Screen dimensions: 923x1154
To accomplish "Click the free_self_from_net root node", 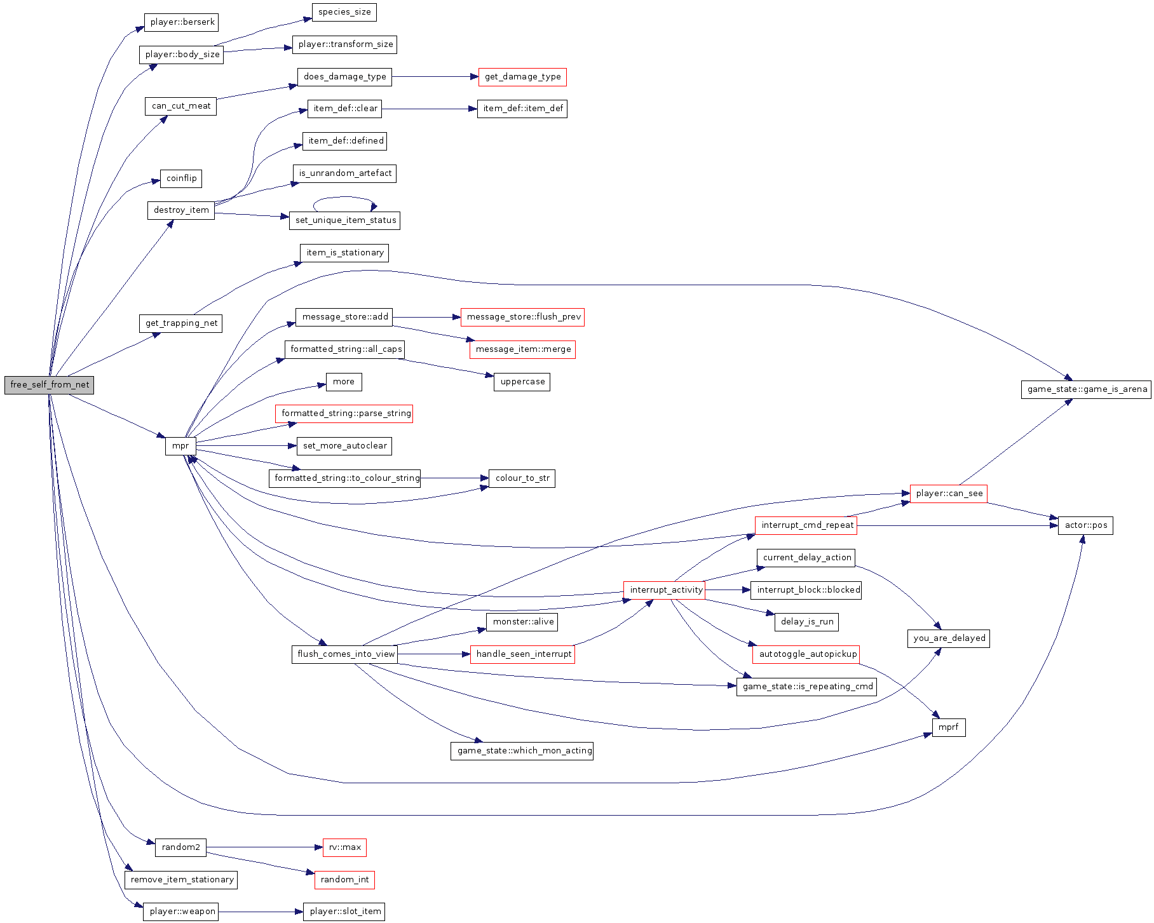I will click(49, 385).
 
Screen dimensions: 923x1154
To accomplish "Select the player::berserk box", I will click(182, 22).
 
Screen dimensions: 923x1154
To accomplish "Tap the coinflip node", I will click(181, 179).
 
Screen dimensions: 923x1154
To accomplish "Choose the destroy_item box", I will click(181, 210).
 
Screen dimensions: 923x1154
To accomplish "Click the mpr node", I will click(180, 446).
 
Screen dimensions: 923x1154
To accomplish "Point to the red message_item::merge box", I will click(522, 349).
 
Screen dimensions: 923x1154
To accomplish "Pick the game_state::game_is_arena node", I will click(1087, 389).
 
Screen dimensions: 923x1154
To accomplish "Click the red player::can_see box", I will click(949, 494).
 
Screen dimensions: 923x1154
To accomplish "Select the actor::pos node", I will click(1085, 525).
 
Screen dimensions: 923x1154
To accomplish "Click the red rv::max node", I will click(344, 847).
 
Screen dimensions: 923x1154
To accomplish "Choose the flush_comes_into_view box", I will click(345, 654).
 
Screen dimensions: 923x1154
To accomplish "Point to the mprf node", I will click(948, 727).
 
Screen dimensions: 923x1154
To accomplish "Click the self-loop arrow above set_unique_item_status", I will click(343, 198).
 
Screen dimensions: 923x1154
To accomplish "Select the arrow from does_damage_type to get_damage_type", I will click(435, 77).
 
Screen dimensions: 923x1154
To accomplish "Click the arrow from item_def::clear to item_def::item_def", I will click(429, 109).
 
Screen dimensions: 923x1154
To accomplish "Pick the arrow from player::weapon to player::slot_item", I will click(261, 912).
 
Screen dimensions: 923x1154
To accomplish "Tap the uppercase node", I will click(522, 382).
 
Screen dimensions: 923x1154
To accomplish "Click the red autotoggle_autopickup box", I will click(807, 654).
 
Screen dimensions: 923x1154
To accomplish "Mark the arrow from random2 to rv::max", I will click(261, 847).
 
